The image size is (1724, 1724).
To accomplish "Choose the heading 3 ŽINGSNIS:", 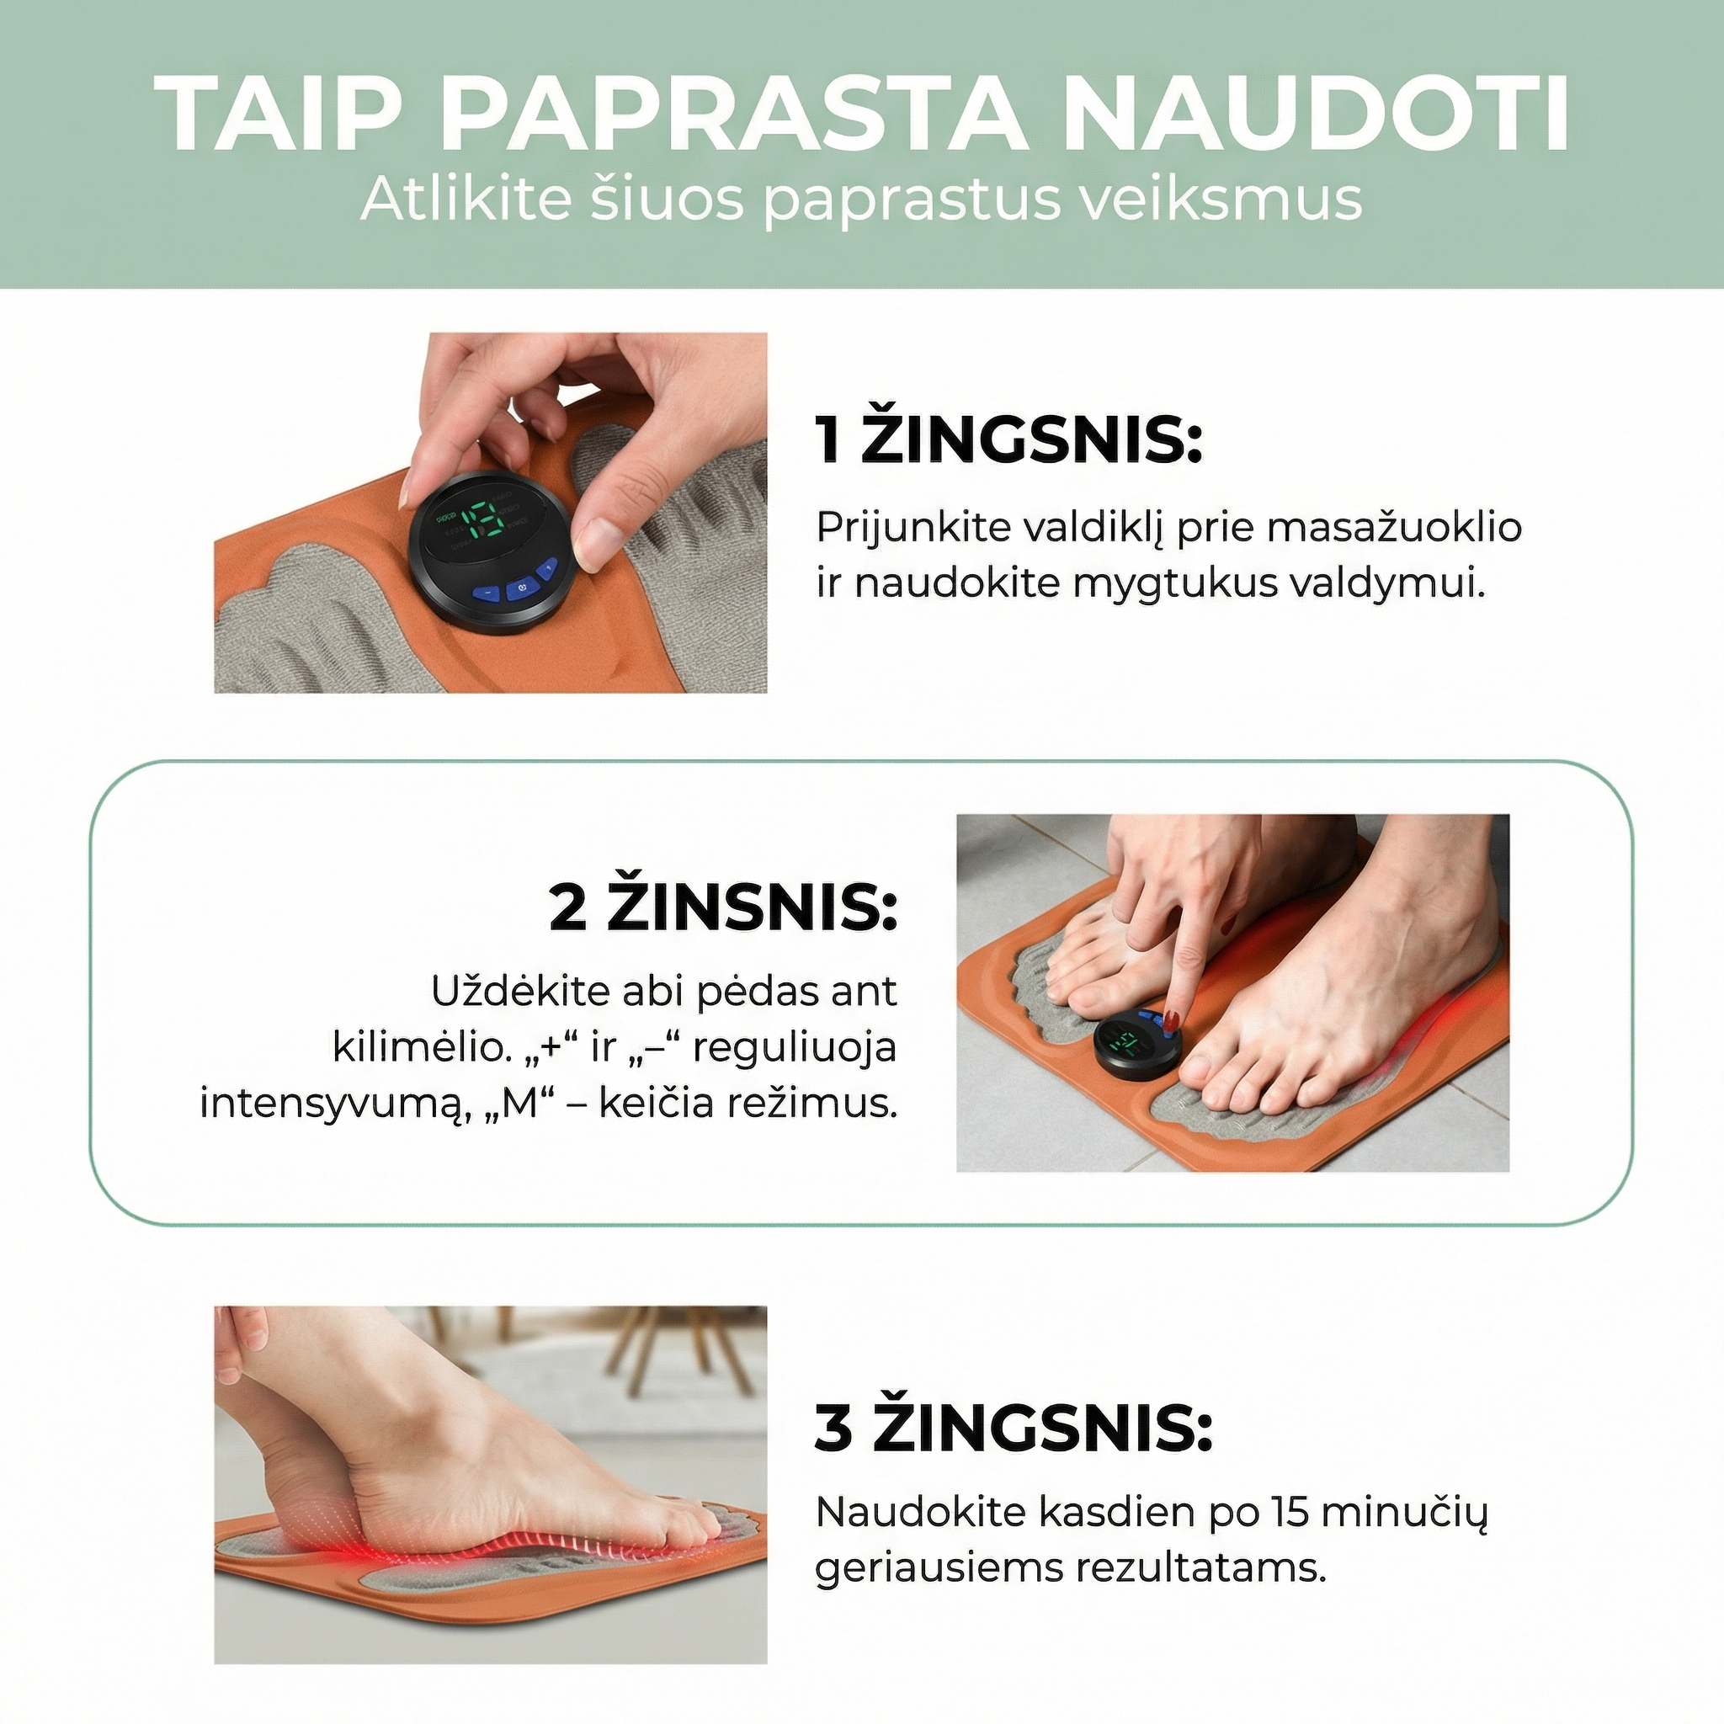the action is [1014, 1429].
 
